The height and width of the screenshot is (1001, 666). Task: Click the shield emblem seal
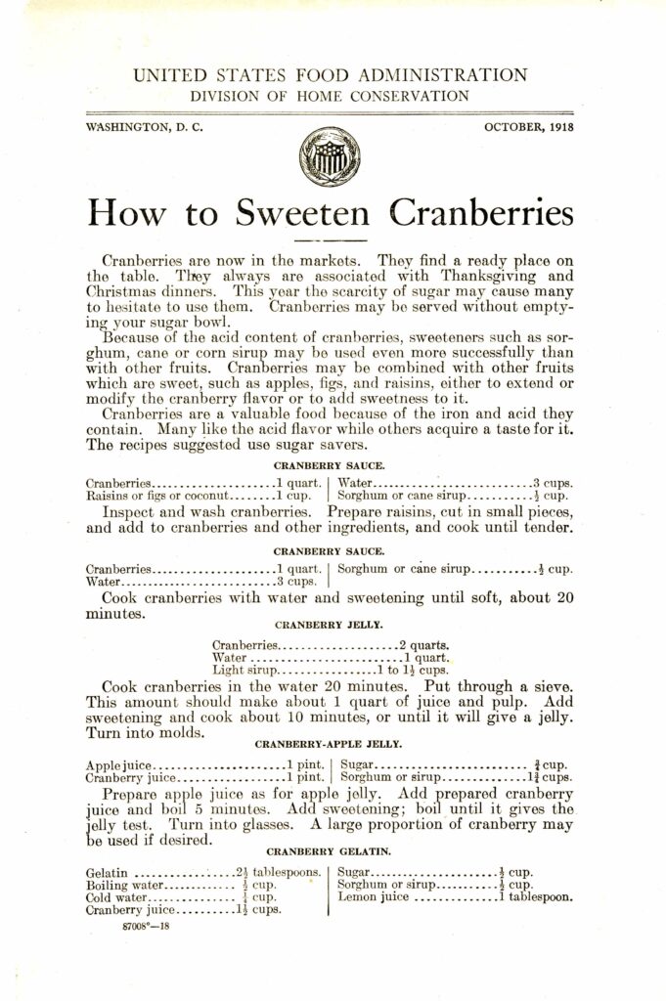[x=329, y=156]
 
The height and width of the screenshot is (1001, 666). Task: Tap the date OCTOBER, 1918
[x=529, y=127]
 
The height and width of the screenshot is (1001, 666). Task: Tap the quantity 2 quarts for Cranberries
[x=423, y=644]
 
